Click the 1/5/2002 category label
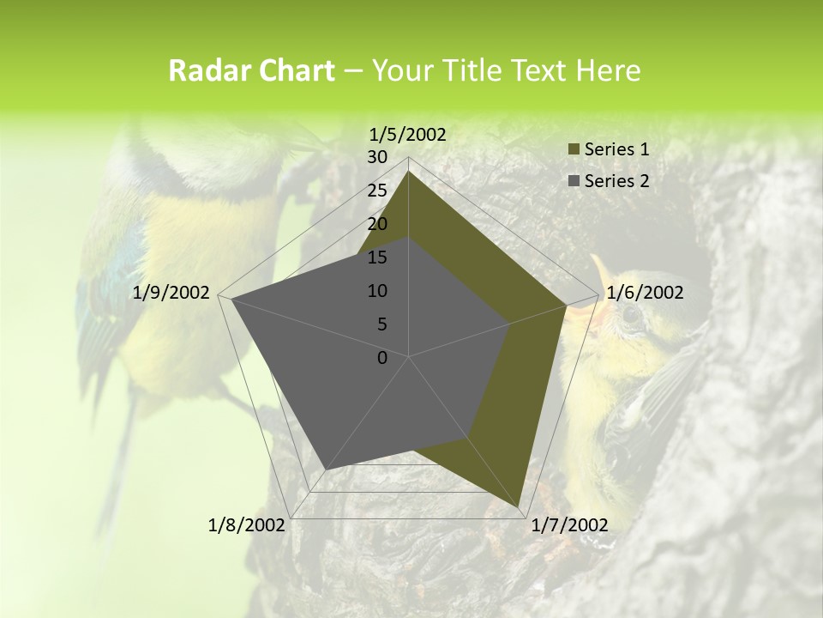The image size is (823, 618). click(x=407, y=134)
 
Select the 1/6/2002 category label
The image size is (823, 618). click(x=644, y=293)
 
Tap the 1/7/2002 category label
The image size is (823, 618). click(x=569, y=525)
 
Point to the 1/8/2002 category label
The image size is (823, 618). click(x=247, y=525)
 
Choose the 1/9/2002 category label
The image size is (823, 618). click(x=171, y=293)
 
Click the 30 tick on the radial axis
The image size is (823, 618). click(x=377, y=157)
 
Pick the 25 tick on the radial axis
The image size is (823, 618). click(x=377, y=191)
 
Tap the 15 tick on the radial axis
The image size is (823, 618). click(x=377, y=257)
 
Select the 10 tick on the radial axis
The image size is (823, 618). click(x=377, y=291)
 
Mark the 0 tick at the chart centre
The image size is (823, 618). click(x=382, y=358)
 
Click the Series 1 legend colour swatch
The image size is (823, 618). click(x=574, y=149)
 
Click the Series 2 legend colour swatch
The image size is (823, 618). click(x=574, y=181)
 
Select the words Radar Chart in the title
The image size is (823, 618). click(x=251, y=71)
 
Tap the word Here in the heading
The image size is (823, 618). click(x=609, y=71)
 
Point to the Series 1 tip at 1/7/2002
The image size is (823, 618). click(x=519, y=507)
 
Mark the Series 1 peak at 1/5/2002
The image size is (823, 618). click(x=409, y=171)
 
